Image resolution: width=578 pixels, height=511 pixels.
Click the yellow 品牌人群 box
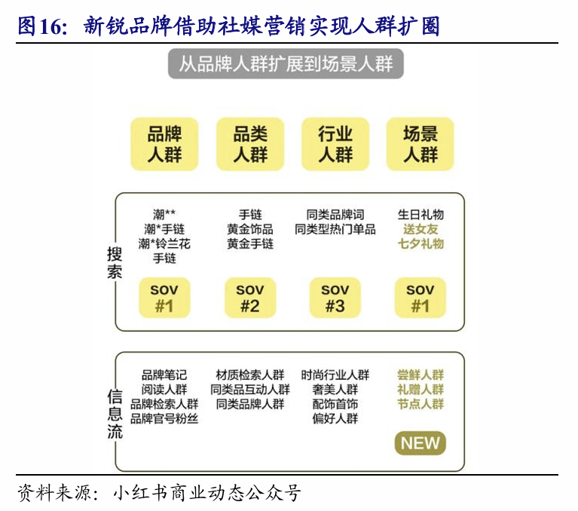click(164, 143)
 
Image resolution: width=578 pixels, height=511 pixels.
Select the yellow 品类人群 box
click(250, 143)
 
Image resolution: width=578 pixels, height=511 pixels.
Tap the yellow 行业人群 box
click(335, 143)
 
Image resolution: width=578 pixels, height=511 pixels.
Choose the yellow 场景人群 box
click(421, 143)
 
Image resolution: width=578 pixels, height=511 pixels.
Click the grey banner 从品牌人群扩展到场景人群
click(286, 64)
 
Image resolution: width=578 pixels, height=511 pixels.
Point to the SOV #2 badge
click(250, 298)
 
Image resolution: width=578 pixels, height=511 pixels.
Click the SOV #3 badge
click(335, 298)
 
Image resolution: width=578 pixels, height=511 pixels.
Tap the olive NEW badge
click(420, 443)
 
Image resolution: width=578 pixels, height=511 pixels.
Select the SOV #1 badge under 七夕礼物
click(421, 298)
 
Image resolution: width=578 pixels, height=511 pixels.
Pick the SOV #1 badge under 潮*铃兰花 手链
click(164, 298)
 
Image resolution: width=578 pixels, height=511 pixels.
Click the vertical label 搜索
click(115, 264)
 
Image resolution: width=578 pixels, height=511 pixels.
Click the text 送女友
click(421, 229)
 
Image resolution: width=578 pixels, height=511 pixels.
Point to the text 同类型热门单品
click(335, 229)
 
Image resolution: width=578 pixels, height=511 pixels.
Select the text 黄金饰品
click(250, 229)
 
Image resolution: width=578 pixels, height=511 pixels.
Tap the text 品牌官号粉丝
click(164, 419)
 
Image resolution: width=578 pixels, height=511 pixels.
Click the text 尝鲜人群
click(421, 375)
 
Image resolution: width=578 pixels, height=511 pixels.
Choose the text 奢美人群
click(335, 390)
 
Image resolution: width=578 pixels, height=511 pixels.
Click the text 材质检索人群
click(250, 375)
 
